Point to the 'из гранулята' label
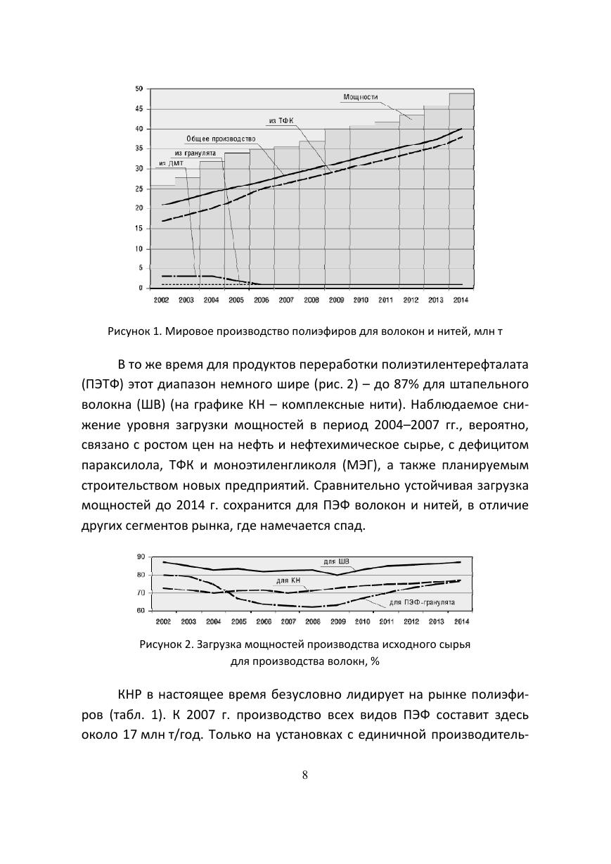click(195, 152)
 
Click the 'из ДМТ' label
click(170, 164)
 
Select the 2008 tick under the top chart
click(311, 300)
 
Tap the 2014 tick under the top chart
click(461, 300)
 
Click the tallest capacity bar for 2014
click(461, 190)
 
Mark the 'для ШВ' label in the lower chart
click(335, 561)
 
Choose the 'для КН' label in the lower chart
click(289, 580)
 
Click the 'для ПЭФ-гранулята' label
click(422, 603)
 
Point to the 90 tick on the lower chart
click(141, 557)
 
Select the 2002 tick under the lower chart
click(163, 622)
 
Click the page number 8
click(305, 775)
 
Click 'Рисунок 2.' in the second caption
click(164, 644)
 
